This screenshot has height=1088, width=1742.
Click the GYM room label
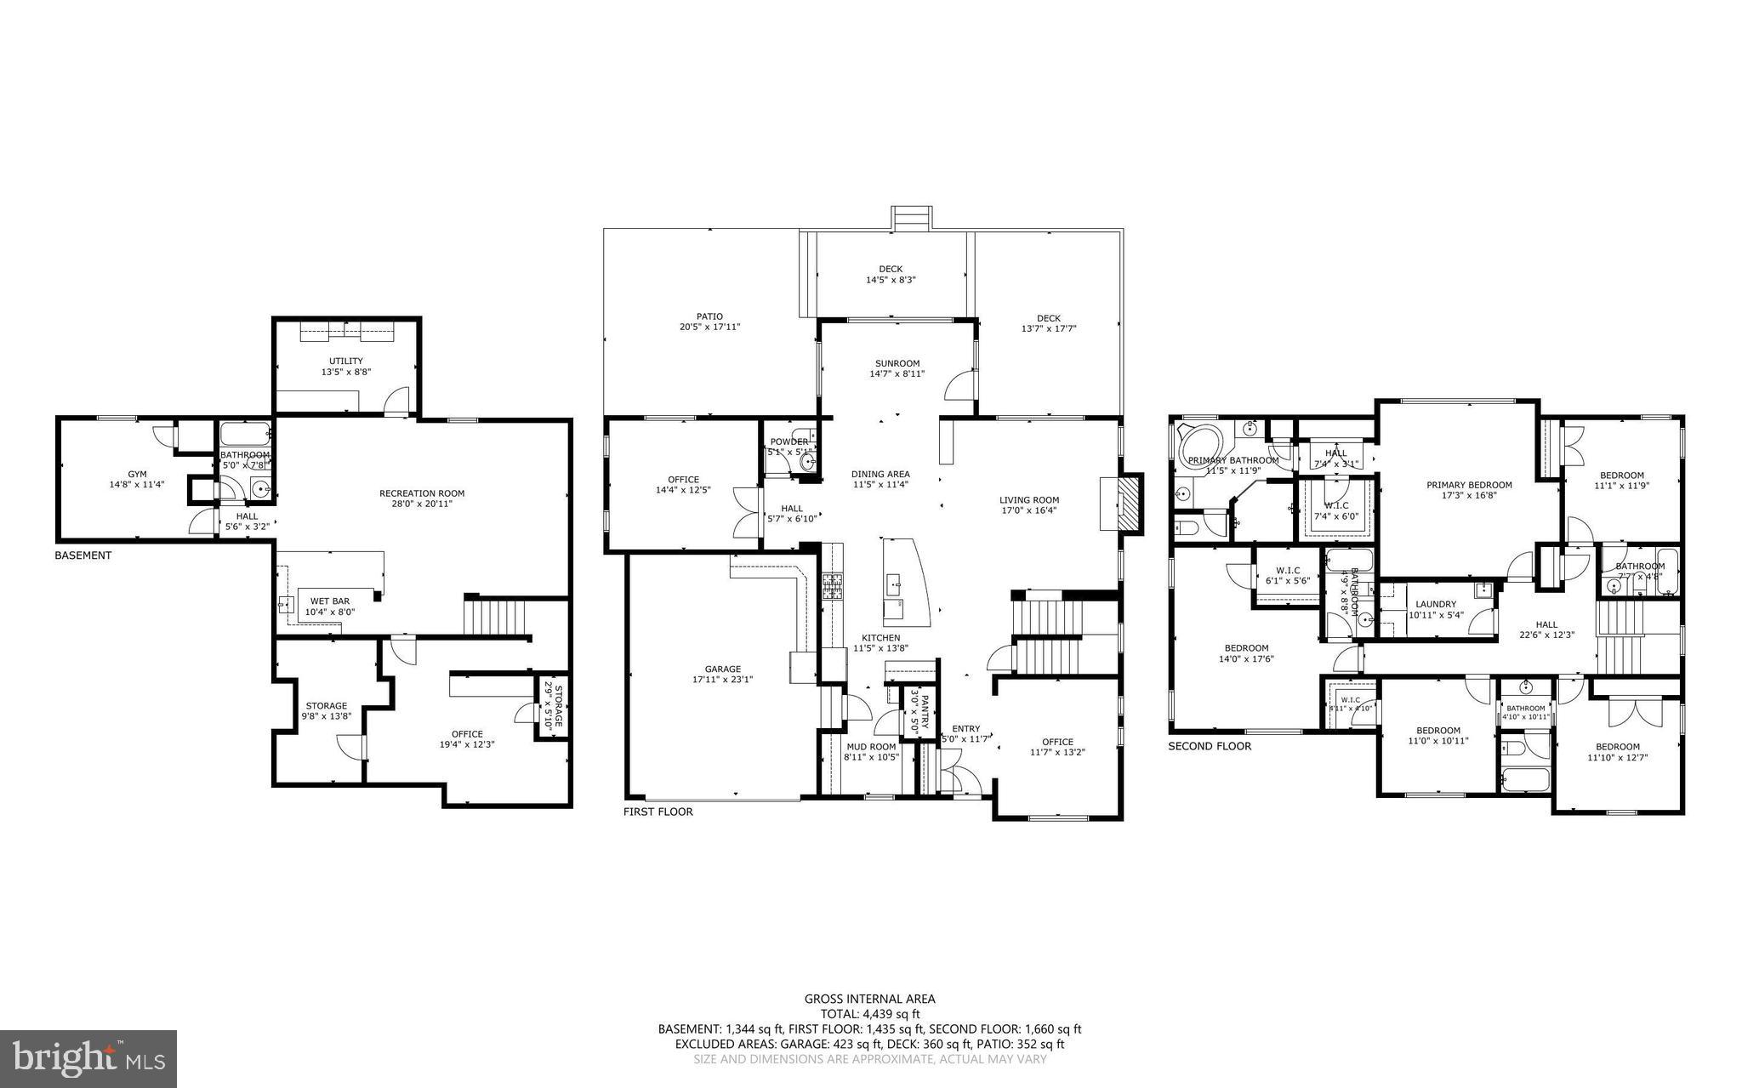pyautogui.click(x=137, y=474)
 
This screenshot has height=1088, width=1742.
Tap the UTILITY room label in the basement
pyautogui.click(x=346, y=361)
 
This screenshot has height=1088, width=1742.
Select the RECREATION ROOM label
pyautogui.click(x=422, y=493)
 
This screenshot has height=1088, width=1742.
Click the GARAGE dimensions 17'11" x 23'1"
pyautogui.click(x=723, y=679)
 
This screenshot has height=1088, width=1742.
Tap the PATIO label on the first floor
pyautogui.click(x=709, y=316)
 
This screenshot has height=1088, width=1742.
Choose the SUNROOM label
pyautogui.click(x=897, y=363)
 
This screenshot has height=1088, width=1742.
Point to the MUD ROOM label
pyautogui.click(x=871, y=746)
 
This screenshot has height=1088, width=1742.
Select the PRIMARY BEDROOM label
pyautogui.click(x=1469, y=485)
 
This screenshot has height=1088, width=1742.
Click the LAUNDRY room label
pyautogui.click(x=1436, y=604)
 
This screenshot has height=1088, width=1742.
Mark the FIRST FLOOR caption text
pyautogui.click(x=658, y=812)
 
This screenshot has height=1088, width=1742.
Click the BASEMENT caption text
pyautogui.click(x=83, y=555)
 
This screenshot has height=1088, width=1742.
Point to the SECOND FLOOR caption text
pyautogui.click(x=1210, y=746)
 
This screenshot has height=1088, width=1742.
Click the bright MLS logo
pyautogui.click(x=88, y=1058)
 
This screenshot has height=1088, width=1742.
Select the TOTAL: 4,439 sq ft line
pyautogui.click(x=869, y=1014)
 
